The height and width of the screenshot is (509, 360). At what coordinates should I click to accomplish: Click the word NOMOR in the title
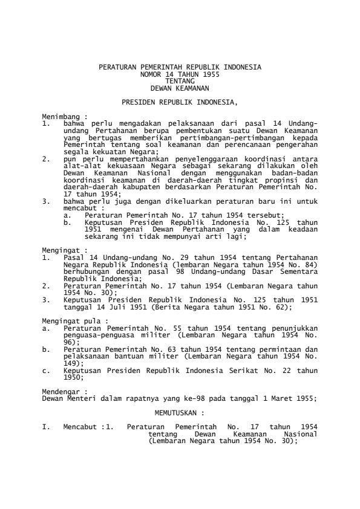[x=151, y=73]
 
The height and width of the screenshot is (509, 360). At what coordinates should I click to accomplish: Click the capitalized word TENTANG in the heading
[x=180, y=79]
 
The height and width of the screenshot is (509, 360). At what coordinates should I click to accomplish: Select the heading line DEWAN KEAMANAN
[x=180, y=85]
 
